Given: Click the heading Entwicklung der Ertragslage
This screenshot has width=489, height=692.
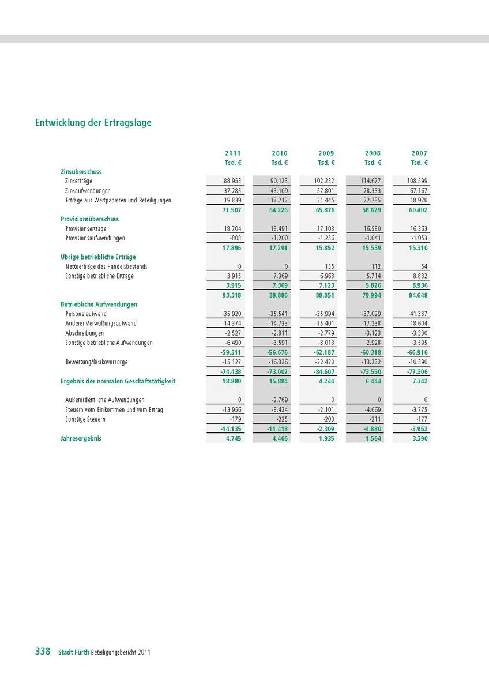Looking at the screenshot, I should (x=93, y=123).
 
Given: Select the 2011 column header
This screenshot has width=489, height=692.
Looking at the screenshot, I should (x=233, y=153).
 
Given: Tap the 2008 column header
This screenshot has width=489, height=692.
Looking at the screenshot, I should (x=373, y=153).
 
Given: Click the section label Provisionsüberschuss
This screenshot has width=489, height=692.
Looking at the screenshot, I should (x=89, y=219).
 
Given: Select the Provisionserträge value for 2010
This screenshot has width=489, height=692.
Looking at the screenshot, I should (x=278, y=229).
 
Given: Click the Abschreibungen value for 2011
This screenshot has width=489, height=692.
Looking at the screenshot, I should (x=232, y=333).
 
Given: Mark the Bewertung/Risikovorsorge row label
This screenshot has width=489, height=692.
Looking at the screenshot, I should (x=96, y=362).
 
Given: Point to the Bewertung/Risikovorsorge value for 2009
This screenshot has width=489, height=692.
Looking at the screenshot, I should (x=324, y=362).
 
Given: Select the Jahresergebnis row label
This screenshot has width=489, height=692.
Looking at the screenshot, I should (x=81, y=438).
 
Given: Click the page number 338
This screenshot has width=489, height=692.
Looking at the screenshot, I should (x=43, y=651).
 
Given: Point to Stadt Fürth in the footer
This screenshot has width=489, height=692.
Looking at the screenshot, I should (x=74, y=652).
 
